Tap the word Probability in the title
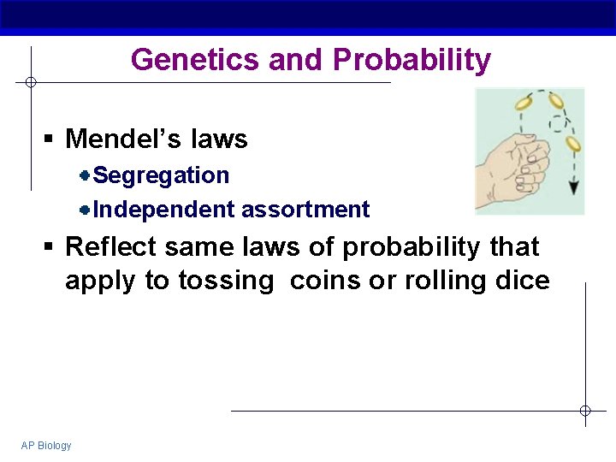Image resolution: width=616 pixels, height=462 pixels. pos(412,60)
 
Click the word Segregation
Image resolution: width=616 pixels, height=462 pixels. pos(161,175)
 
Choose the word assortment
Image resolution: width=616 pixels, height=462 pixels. pos(305,210)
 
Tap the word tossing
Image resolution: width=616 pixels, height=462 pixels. pos(228,281)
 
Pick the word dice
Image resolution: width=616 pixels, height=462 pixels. pos(523,281)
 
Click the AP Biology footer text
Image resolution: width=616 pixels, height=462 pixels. pos(46,446)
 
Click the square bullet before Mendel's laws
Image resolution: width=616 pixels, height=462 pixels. pos(50,139)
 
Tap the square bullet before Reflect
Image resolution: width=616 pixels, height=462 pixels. pos(50,248)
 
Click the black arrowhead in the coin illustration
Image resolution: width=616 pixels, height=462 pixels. pos(574,187)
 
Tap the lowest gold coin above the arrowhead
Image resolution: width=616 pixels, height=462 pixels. pos(573,144)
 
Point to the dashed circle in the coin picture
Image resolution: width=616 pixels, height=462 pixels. pos(558,124)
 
